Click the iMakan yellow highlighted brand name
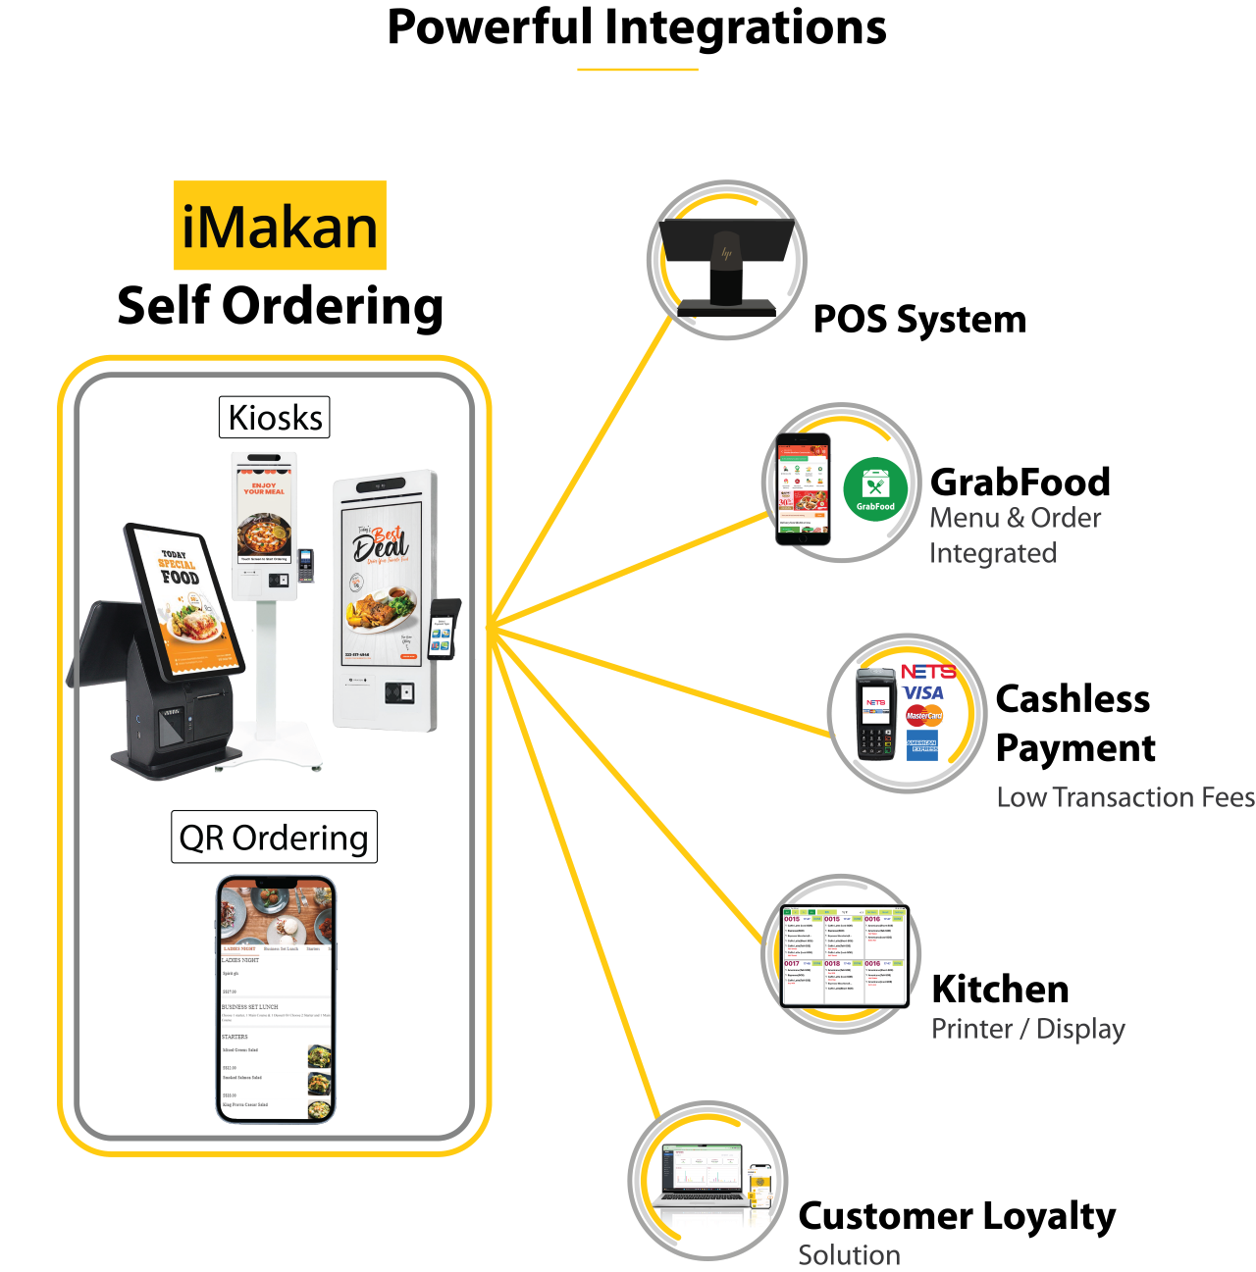[280, 226]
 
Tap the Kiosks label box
[275, 418]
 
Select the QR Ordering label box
[274, 838]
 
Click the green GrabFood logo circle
[874, 488]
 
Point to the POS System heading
[919, 320]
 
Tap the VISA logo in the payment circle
[923, 693]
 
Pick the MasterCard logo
[924, 716]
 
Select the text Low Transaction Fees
[1125, 797]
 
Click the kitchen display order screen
[845, 956]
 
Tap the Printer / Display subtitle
[1028, 1029]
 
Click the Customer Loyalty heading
[957, 1216]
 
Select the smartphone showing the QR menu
[276, 998]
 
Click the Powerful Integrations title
[637, 27]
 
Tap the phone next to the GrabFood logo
[803, 489]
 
